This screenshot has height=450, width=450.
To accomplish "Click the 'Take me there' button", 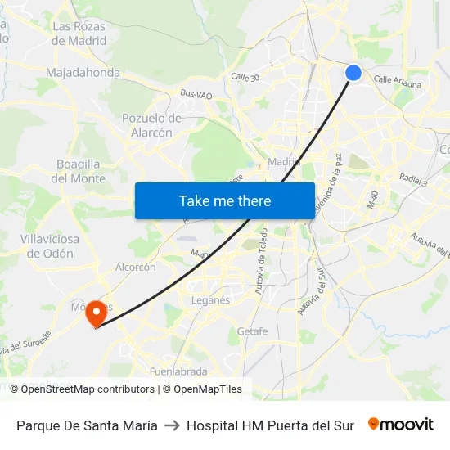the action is tap(225, 200).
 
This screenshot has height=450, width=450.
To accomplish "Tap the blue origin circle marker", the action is tap(353, 73).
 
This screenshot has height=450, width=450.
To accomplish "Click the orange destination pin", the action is tap(97, 313).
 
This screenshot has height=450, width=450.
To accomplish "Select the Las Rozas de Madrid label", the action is tap(79, 34).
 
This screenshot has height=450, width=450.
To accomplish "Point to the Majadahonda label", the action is tap(83, 73).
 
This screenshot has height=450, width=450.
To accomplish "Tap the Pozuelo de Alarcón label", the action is tap(151, 125).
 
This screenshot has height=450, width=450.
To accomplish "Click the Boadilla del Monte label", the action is tap(79, 171).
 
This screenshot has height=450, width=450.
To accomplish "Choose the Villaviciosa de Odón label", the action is tap(51, 246).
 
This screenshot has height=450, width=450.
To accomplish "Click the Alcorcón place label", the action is tap(135, 268).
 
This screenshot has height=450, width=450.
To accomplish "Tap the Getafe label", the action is tap(252, 331).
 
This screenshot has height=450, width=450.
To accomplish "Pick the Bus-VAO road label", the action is tap(196, 96).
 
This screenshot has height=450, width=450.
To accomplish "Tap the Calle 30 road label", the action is tap(245, 78).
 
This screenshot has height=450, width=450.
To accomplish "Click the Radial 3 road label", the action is tap(413, 179).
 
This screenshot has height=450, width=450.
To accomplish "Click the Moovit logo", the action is tap(401, 425).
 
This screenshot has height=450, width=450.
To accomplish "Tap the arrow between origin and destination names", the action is tap(172, 425).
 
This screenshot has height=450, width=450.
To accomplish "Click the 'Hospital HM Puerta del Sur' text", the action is tap(270, 425).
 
